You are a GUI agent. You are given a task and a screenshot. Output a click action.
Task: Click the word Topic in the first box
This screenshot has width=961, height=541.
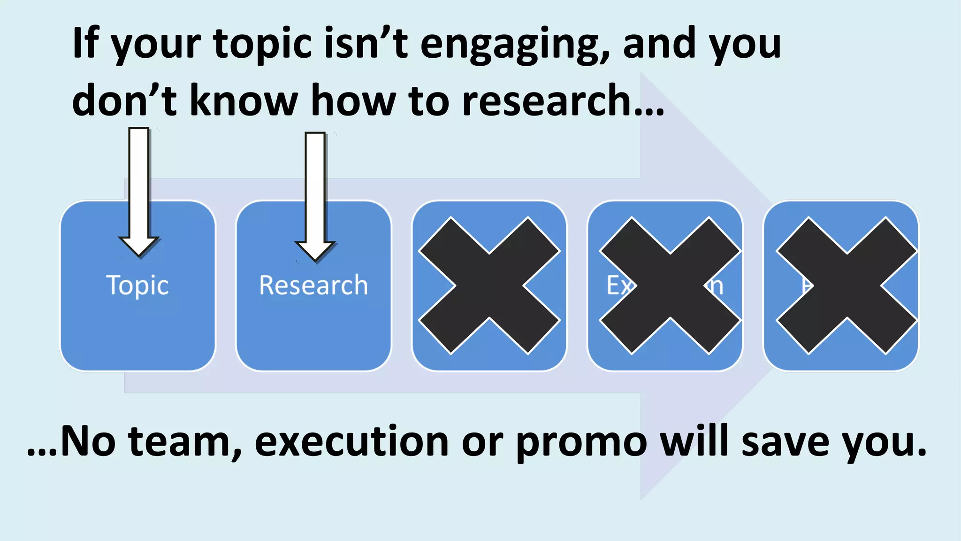[x=137, y=285]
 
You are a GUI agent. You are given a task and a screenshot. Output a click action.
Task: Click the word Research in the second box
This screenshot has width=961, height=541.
[x=313, y=285]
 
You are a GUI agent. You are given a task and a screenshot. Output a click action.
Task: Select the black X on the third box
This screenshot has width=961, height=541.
[x=489, y=286]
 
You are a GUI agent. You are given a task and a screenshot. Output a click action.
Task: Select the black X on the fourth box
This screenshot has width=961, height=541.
[x=670, y=286]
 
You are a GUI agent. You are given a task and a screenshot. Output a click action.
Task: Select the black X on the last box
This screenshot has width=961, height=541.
[x=847, y=286]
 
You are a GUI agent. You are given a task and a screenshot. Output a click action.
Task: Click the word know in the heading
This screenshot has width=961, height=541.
[x=244, y=101]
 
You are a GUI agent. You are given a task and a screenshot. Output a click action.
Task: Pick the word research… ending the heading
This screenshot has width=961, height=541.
[x=563, y=101]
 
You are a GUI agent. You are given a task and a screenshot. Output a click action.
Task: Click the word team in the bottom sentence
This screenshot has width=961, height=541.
[x=185, y=441]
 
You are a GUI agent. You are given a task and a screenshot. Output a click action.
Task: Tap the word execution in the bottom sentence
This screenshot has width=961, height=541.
[x=352, y=441]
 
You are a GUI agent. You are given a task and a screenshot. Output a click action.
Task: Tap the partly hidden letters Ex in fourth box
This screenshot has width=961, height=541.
[x=618, y=286]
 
